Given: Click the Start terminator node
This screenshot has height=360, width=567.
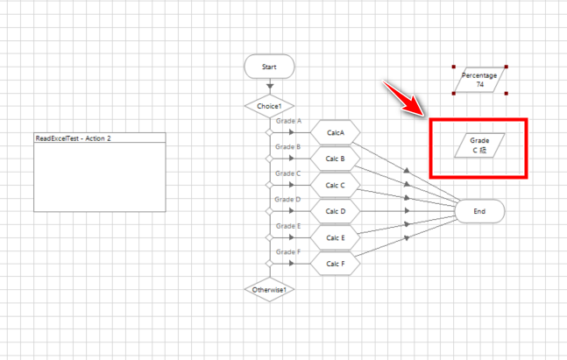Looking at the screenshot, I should [269, 66].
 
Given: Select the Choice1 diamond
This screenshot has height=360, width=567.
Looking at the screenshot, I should [269, 106].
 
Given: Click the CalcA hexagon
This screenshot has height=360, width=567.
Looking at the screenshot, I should [335, 132].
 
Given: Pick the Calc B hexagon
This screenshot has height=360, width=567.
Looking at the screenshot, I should [335, 159].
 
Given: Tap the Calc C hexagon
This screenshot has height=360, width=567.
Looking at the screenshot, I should [335, 185].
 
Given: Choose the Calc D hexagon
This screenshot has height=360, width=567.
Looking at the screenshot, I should [335, 211].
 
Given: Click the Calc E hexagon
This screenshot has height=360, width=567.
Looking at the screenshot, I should [335, 237].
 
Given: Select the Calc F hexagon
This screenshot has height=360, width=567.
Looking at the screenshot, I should [335, 264].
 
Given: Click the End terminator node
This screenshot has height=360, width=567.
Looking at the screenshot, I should [479, 211].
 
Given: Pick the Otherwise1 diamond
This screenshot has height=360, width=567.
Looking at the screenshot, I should [269, 289].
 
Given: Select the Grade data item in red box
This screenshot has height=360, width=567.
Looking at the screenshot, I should [479, 145].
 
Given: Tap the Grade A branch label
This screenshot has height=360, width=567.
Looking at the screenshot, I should [288, 121].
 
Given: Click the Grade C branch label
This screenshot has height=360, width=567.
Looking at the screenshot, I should [288, 173].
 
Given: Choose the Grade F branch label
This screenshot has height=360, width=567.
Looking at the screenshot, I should [288, 252].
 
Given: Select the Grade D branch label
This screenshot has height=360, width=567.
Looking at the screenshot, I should [288, 200].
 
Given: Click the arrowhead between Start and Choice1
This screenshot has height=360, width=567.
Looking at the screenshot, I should [269, 87].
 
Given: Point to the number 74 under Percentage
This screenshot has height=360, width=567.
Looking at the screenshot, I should [480, 85].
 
